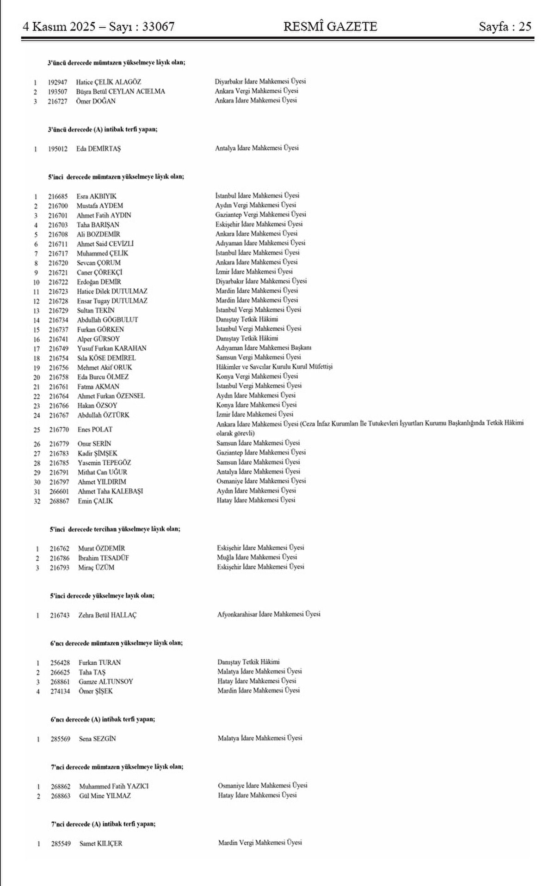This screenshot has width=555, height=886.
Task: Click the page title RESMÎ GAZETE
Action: coord(330,27)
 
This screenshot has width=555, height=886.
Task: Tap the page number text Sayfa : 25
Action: coord(505,27)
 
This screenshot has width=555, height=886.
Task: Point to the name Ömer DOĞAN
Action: coord(96,101)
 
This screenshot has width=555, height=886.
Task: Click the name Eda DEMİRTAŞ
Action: coord(99,149)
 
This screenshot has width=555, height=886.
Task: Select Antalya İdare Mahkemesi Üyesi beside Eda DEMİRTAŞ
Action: coord(257,148)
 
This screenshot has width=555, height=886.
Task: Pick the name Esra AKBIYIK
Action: coord(97,196)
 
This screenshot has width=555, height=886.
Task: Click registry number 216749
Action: coord(59,348)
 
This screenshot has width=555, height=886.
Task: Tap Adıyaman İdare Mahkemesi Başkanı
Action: coord(267,347)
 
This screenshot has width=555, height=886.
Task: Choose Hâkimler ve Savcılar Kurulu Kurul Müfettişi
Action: coord(274,367)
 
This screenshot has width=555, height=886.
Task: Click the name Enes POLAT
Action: coord(95,430)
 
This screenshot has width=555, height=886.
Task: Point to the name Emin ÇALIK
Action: coord(95,501)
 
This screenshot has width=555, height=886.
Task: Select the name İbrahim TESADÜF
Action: coord(104,558)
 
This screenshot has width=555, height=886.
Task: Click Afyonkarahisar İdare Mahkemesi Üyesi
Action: coord(269,614)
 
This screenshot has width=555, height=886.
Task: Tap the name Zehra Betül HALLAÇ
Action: coord(107,615)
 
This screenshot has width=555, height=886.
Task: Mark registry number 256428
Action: coord(60,662)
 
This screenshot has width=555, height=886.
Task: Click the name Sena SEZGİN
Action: coord(98,739)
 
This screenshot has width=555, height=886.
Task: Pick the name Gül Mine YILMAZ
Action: coord(105,796)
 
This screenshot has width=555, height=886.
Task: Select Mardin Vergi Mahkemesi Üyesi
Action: coord(260,843)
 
